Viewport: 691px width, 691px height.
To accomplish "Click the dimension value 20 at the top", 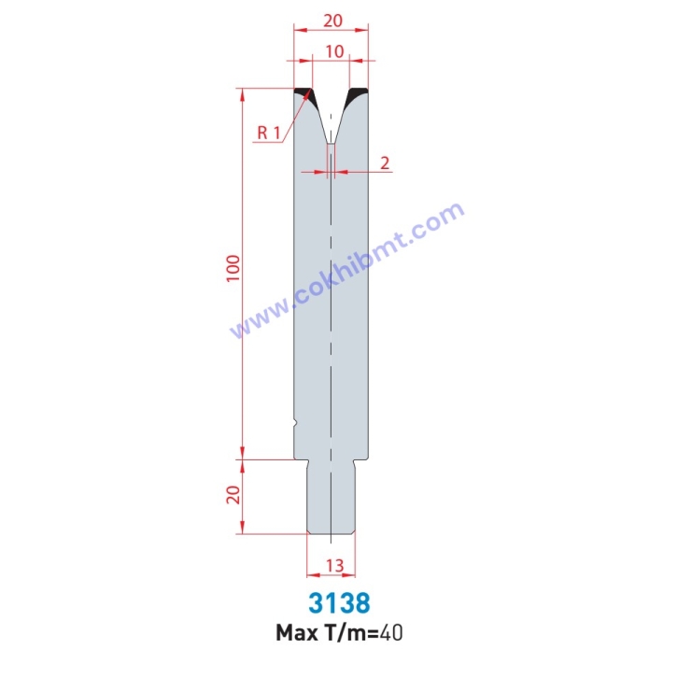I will (x=331, y=19).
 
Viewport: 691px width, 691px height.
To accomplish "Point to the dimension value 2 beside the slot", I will (x=385, y=162).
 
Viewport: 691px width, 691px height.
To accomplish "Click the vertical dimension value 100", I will (x=233, y=268).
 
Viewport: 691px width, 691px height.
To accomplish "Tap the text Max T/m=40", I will (x=340, y=633).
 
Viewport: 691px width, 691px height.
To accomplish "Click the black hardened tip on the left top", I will (x=303, y=93).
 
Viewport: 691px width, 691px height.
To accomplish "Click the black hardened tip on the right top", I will (x=359, y=93).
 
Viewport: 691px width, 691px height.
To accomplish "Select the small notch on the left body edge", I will (x=295, y=424).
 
